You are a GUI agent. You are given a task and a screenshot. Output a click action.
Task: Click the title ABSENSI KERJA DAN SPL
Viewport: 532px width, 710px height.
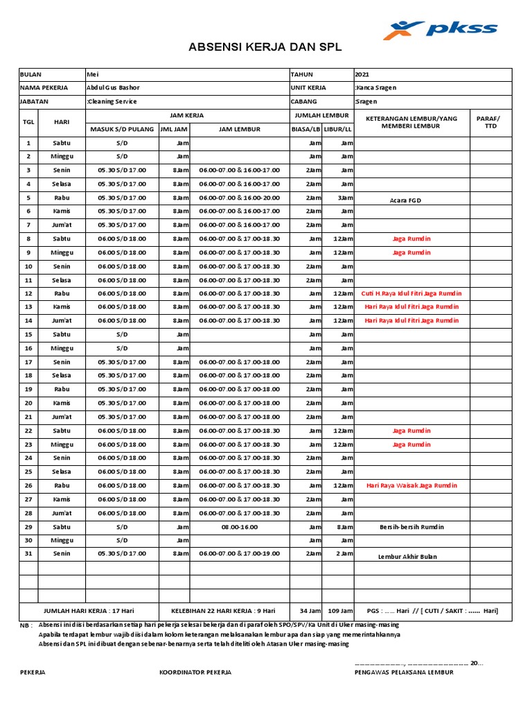(x=265, y=48)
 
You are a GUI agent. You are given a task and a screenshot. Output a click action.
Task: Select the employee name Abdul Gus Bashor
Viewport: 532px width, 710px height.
(x=112, y=87)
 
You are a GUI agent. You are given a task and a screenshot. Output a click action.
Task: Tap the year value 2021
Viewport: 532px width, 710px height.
(x=362, y=74)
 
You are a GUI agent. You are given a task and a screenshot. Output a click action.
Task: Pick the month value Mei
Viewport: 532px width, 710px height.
(x=91, y=74)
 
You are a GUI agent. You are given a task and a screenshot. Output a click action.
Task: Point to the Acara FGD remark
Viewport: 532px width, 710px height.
(x=405, y=200)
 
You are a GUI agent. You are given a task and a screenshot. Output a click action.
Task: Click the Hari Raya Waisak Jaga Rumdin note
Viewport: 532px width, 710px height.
(x=411, y=485)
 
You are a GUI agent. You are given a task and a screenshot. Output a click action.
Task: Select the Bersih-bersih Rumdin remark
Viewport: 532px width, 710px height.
(x=411, y=527)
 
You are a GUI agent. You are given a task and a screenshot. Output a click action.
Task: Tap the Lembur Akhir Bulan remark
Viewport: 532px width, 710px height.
(x=408, y=556)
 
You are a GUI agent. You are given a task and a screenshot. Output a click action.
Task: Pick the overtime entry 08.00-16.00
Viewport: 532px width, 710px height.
(x=239, y=527)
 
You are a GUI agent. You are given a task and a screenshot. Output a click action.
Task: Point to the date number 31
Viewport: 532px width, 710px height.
(x=28, y=554)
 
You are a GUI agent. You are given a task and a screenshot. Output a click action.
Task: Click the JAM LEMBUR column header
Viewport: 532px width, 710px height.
(x=239, y=129)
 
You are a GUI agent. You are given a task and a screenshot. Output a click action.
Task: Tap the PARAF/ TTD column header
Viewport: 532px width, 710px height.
(x=491, y=123)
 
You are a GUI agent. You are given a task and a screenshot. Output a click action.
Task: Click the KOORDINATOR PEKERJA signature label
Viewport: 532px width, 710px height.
(x=195, y=672)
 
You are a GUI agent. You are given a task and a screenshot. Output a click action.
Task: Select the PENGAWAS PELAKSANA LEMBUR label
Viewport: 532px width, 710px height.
(x=404, y=672)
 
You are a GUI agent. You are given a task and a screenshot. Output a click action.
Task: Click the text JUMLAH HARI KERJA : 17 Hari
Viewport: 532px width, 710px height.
(x=89, y=611)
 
